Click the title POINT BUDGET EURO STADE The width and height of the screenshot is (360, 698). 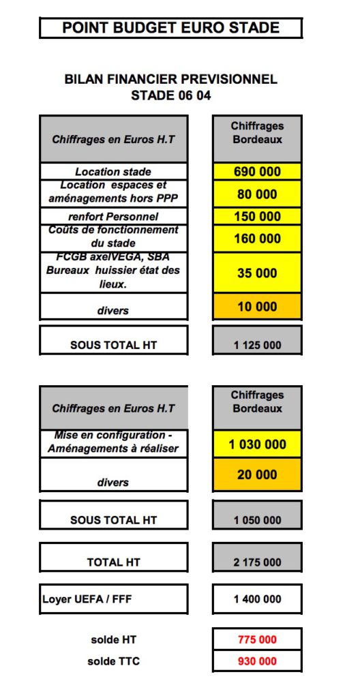coord(170,28)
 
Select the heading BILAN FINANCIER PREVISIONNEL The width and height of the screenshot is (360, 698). coord(170,79)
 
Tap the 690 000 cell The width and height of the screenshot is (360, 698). coord(256,172)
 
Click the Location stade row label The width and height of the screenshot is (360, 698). coord(113,172)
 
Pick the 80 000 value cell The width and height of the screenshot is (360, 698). coord(256,194)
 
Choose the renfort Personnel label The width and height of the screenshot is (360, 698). coord(113,217)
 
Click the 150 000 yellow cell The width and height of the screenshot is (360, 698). coord(256,217)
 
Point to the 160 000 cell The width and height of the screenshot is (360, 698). coord(256,239)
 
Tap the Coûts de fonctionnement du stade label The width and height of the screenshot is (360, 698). coord(113,237)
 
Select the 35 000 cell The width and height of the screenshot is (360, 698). coord(256,273)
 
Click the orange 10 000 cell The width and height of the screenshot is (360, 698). coord(256,307)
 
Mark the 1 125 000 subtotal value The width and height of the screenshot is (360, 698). coord(256,345)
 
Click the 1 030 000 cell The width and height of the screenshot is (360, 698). coord(256,444)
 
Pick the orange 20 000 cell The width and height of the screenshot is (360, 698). coord(256,474)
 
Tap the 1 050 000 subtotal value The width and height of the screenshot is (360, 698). coord(256,520)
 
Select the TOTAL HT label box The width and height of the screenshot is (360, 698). coord(113,562)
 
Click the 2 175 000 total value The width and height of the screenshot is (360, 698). coord(256,562)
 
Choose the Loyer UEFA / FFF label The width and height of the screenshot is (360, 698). coord(113,600)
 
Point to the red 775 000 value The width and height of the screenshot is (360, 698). coord(256,640)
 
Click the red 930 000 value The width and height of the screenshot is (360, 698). coord(256,661)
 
